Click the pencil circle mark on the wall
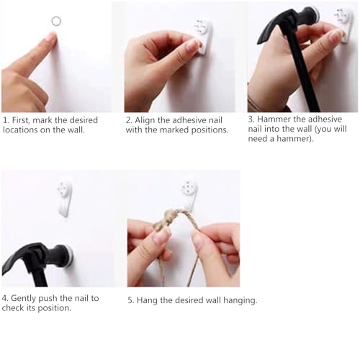tap(56, 17)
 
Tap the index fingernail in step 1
tap(51, 37)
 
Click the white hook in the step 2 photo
tap(203, 37)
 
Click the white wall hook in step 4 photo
tap(65, 198)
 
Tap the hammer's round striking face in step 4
tap(70, 256)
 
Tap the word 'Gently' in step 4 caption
tap(24, 299)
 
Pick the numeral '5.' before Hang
tap(130, 300)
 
